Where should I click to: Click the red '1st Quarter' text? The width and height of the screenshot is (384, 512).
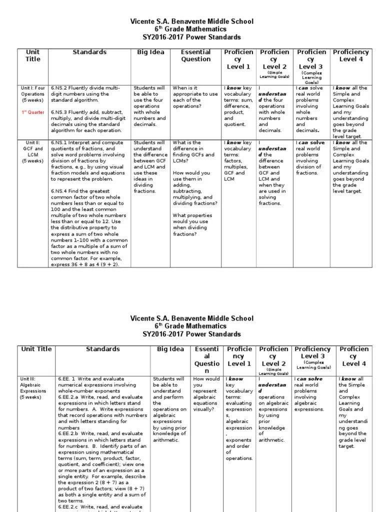32,112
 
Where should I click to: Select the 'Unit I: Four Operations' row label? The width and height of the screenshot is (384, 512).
32,94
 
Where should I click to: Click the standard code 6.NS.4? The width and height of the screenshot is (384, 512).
59,191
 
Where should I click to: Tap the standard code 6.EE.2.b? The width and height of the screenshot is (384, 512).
64,433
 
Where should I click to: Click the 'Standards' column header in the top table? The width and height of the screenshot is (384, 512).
89,52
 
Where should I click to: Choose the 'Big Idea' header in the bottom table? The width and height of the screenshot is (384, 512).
170,349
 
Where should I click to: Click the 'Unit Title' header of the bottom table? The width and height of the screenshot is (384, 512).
36,349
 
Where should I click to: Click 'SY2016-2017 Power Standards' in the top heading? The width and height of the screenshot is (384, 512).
192,37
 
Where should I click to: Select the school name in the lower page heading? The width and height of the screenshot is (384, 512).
192,318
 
